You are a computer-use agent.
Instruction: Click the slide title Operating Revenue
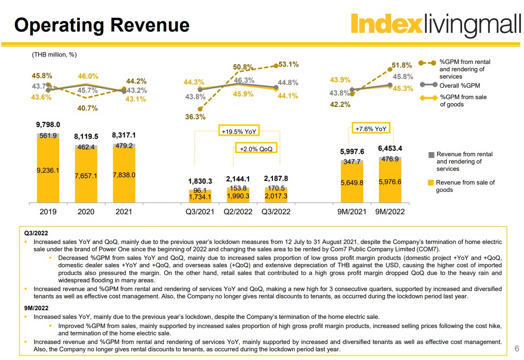click(x=102, y=25)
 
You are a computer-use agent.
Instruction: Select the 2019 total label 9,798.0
click(x=48, y=124)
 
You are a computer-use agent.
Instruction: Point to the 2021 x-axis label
click(x=124, y=212)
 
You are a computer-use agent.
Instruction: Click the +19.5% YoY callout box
click(x=239, y=131)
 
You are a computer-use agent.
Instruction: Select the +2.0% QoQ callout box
click(x=256, y=148)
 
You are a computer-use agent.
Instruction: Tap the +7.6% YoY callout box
click(x=371, y=129)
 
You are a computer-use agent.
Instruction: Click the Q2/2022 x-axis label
click(x=238, y=212)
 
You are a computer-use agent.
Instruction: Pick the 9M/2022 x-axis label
click(x=390, y=212)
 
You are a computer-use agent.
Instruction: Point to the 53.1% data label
click(x=288, y=64)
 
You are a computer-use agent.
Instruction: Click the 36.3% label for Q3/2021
click(x=195, y=117)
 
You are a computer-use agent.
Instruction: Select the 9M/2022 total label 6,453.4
click(x=390, y=148)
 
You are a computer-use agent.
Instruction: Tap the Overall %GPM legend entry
click(x=459, y=85)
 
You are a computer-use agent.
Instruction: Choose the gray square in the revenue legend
click(x=431, y=155)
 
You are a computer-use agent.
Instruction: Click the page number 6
click(x=517, y=349)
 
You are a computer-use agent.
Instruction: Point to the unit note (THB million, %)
click(x=54, y=55)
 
